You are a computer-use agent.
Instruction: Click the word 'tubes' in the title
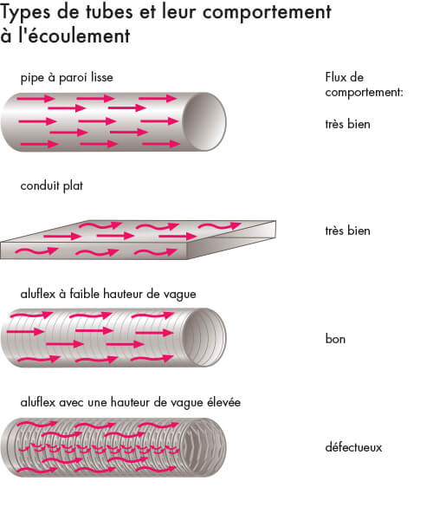click(110, 11)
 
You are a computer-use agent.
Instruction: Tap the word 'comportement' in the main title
click(267, 13)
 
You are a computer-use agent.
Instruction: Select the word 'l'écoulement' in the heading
click(74, 36)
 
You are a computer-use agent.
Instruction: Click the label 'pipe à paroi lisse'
click(67, 78)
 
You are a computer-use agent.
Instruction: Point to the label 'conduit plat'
click(52, 186)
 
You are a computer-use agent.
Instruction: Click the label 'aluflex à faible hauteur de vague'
click(108, 295)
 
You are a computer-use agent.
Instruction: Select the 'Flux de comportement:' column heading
click(364, 85)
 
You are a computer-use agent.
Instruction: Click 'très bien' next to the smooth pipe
click(347, 124)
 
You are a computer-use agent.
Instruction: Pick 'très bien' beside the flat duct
click(347, 231)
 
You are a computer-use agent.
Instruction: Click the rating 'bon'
click(335, 339)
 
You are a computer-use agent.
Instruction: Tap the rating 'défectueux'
click(353, 447)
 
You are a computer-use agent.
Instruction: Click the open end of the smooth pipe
click(204, 121)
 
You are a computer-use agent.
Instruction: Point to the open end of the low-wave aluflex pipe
click(204, 338)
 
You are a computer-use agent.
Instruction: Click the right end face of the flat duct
click(232, 239)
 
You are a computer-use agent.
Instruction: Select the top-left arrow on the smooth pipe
click(36, 99)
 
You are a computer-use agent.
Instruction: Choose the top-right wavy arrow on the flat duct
click(219, 226)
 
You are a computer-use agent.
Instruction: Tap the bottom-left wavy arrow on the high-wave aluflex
click(37, 470)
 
